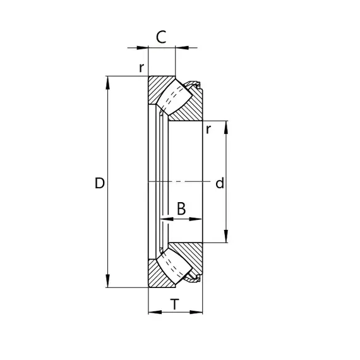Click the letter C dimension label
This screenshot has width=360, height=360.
coord(161,37)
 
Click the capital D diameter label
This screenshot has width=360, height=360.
coord(100,183)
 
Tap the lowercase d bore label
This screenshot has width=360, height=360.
coord(220,183)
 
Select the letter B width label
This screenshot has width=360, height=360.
coord(181,208)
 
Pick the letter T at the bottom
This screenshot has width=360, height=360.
coord(175,304)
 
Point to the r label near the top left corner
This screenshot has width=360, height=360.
coord(141,68)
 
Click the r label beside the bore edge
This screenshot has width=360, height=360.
coord(208,129)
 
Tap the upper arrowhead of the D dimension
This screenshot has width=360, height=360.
coord(107,83)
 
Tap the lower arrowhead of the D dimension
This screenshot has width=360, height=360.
coord(107,280)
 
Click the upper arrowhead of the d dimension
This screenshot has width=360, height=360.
coord(226,127)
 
